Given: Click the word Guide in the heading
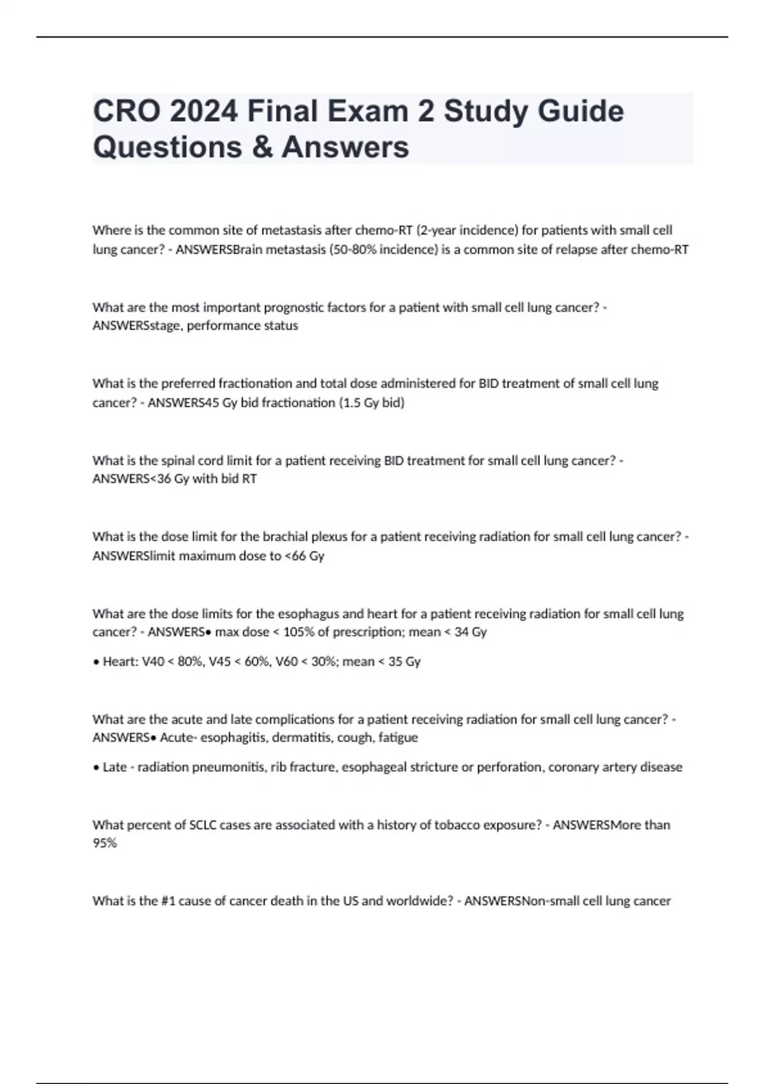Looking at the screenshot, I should (x=581, y=112).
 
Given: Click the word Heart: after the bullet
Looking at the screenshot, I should (x=120, y=662).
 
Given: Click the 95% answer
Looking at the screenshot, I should (x=105, y=844).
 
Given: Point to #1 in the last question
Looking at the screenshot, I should (x=168, y=902).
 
